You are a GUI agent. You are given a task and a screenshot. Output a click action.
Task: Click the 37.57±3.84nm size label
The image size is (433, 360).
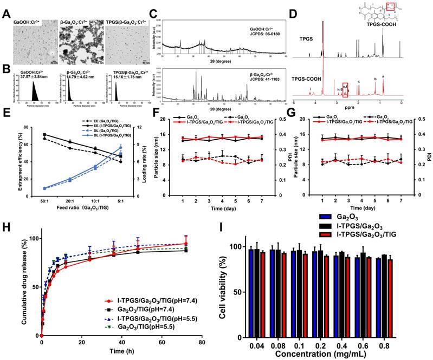tap(28, 76)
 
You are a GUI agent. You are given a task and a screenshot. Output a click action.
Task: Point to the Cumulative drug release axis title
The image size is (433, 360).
tap(25, 279)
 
